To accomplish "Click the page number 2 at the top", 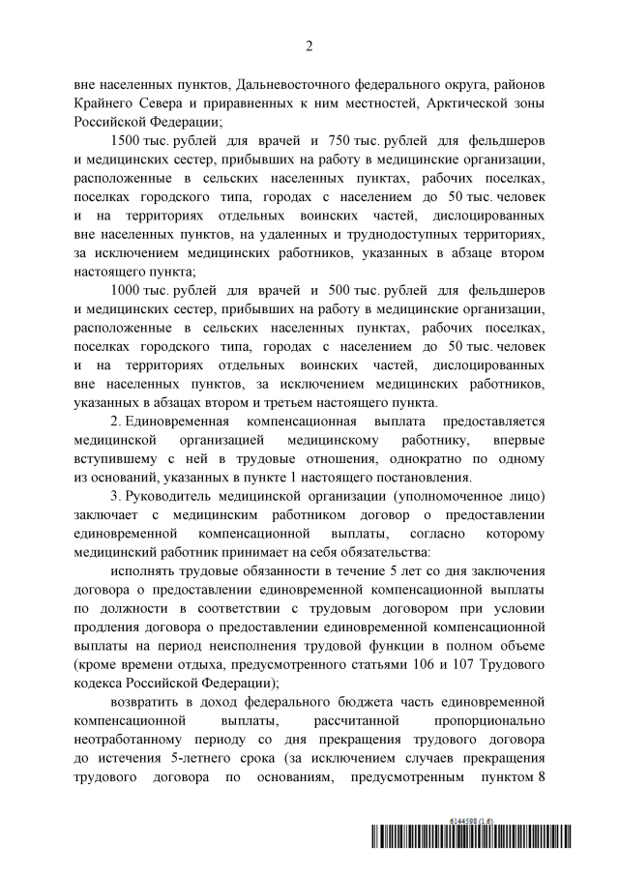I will tap(309, 45).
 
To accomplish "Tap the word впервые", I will tap(511, 440).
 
